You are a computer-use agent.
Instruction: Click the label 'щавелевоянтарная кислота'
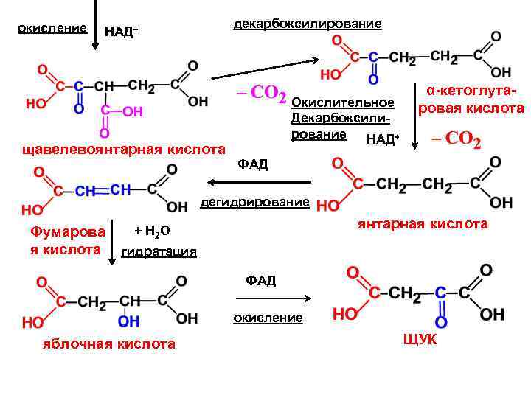click(x=124, y=150)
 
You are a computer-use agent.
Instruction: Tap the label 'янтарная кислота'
click(x=423, y=223)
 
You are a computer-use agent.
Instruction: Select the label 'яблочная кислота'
click(x=108, y=343)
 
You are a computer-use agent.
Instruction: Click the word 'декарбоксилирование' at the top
click(x=308, y=24)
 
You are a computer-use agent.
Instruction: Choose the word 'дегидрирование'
click(x=255, y=202)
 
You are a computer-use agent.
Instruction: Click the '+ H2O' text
click(x=153, y=231)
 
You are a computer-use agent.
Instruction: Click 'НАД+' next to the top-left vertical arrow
click(x=122, y=31)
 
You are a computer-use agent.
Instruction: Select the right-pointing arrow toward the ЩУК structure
click(x=272, y=298)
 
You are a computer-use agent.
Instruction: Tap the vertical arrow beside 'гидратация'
click(x=113, y=240)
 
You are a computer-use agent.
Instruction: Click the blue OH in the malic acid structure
click(x=128, y=321)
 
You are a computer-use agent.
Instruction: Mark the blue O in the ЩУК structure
click(x=441, y=322)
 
